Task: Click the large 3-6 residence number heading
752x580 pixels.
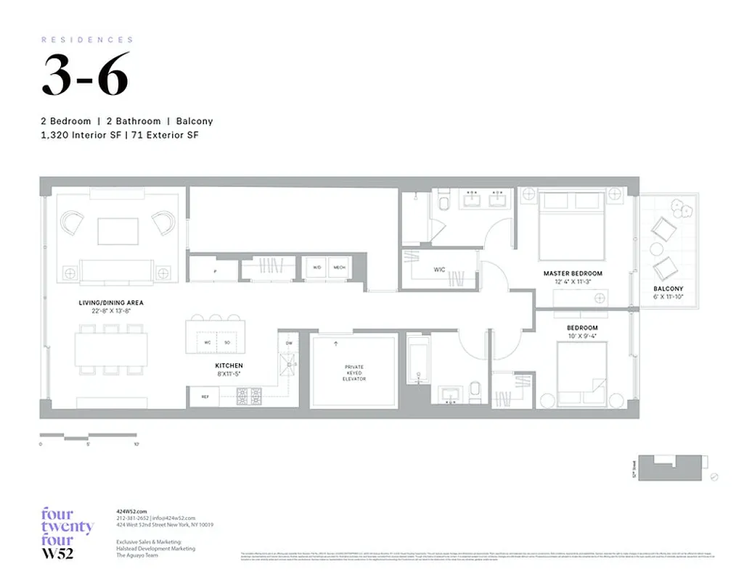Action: pyautogui.click(x=85, y=75)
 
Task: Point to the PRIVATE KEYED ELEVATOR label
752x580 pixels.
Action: pyautogui.click(x=354, y=373)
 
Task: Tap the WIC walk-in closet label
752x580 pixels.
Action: pyautogui.click(x=439, y=270)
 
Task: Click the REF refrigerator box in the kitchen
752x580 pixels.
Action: pyautogui.click(x=205, y=397)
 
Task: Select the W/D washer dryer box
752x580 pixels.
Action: pyautogui.click(x=316, y=268)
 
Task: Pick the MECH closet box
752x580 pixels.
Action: pyautogui.click(x=339, y=268)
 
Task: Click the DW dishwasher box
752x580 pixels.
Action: pyautogui.click(x=289, y=343)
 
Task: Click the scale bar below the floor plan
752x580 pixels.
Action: pyautogui.click(x=88, y=437)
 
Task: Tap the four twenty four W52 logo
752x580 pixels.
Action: pyautogui.click(x=67, y=535)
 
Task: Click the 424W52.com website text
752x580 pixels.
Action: pyautogui.click(x=131, y=512)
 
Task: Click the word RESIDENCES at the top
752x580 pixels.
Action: pyautogui.click(x=87, y=40)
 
